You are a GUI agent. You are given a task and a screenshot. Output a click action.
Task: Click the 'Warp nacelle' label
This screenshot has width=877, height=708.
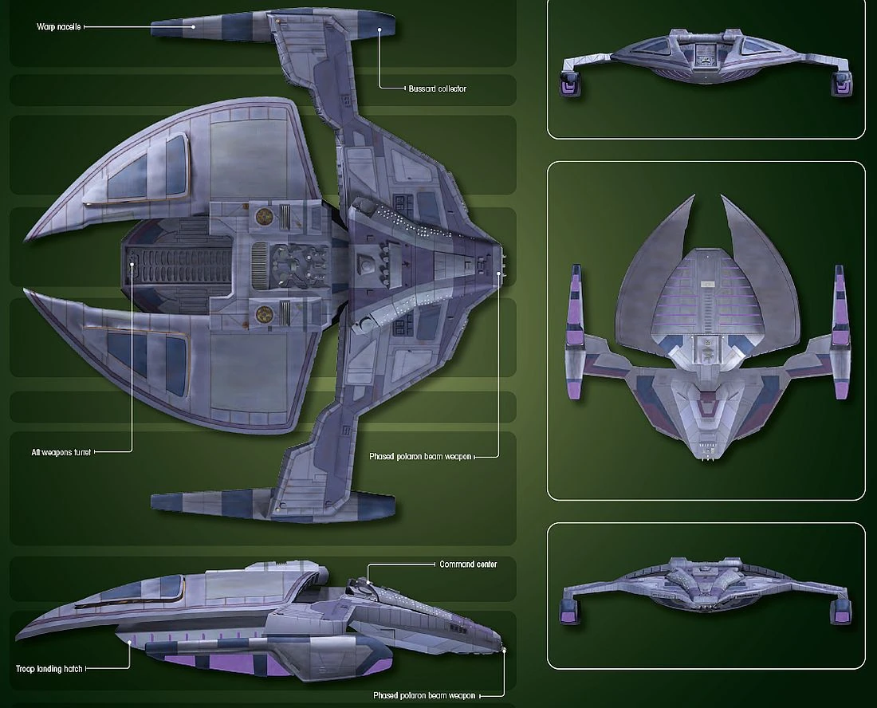(58, 26)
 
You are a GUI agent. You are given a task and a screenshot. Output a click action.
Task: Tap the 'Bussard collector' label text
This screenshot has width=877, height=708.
(437, 88)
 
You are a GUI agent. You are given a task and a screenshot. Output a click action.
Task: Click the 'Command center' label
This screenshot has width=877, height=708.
(468, 564)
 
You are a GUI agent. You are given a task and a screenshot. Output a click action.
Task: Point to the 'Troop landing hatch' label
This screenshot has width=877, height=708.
(48, 668)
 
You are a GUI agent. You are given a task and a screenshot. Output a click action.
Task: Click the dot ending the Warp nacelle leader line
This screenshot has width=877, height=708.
(193, 26)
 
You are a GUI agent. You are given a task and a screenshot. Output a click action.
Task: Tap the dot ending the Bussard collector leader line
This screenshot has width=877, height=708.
(380, 29)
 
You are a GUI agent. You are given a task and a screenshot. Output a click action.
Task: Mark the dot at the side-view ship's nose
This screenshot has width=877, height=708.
(505, 651)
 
